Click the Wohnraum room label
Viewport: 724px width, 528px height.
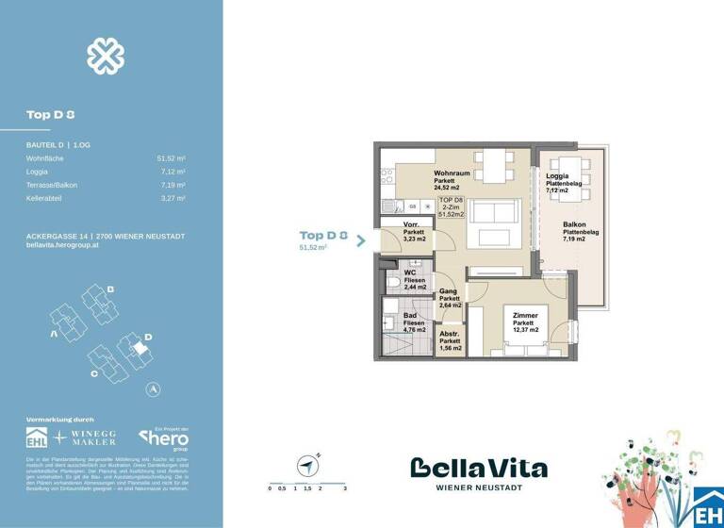(452, 174)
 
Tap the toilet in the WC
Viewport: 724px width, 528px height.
(391, 283)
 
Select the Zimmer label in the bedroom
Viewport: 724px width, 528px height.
(524, 317)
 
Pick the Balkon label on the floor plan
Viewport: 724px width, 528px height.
(574, 225)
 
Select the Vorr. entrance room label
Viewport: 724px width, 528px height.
(411, 224)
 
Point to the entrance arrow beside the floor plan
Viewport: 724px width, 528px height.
(362, 241)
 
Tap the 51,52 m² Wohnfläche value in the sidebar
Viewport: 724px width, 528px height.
(171, 159)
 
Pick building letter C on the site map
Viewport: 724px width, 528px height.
(95, 373)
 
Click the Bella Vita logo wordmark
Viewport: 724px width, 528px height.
(478, 468)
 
